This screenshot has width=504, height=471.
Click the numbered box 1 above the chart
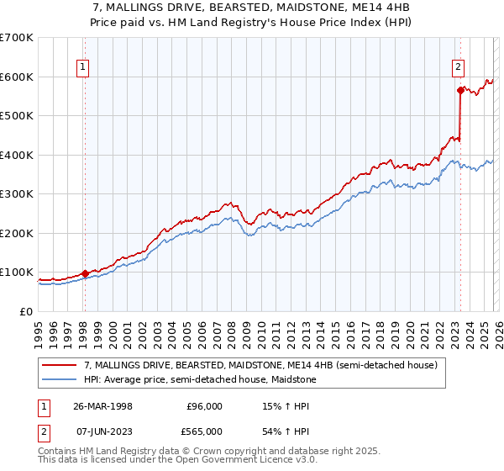pos(84,70)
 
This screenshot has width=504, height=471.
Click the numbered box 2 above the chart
pos(459,70)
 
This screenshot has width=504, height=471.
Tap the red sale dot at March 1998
pos(85,273)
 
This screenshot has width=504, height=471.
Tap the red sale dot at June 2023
pos(460,90)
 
